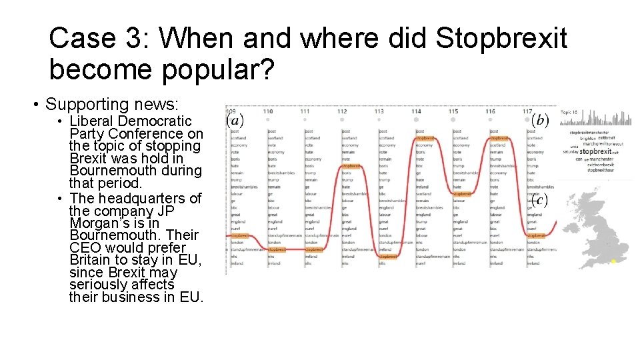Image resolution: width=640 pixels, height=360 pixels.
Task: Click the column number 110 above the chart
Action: tap(268, 111)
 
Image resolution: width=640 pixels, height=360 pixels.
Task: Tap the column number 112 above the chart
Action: tap(342, 111)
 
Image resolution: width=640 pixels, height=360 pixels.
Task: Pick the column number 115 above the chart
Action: tap(453, 111)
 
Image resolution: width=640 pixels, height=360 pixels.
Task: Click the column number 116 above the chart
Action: tap(490, 111)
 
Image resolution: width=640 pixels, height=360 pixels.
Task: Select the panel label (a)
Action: tap(235, 121)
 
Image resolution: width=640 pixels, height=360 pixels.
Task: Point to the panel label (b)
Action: tap(540, 121)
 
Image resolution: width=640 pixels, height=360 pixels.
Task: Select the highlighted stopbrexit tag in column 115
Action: tap(462, 194)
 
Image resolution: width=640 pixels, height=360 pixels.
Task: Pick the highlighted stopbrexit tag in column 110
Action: tap(277, 249)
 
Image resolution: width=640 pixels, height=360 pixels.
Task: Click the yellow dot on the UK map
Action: tap(613, 261)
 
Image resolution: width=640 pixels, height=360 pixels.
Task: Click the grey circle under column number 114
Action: tap(417, 120)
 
